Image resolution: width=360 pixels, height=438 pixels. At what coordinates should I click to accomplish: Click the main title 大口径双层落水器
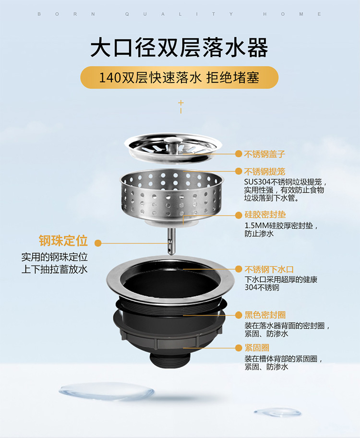point(180,48)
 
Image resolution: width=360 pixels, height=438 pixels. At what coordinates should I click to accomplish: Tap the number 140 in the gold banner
point(110,78)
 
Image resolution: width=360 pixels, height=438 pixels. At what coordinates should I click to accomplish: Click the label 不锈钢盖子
point(264,154)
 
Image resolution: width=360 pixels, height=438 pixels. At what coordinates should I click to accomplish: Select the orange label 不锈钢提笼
point(264,171)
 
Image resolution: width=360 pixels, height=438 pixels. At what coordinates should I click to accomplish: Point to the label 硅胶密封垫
point(265,215)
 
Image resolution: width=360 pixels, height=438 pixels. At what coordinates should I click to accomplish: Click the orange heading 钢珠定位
point(63,241)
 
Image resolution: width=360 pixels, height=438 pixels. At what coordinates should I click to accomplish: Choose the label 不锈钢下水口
point(269,269)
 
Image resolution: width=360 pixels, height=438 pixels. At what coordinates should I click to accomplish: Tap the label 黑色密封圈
point(265,315)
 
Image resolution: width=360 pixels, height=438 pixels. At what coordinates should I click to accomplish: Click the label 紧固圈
point(257,348)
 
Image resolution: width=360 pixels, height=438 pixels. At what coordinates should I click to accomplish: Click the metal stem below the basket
point(171,241)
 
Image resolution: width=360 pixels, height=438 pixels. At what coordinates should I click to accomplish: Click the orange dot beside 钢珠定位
point(98,243)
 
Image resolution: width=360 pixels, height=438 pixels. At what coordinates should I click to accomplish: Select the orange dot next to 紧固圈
point(239,348)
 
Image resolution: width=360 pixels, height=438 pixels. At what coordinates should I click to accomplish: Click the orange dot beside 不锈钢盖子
point(239,154)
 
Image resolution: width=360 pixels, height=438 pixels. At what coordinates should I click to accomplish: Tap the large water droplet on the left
point(107,391)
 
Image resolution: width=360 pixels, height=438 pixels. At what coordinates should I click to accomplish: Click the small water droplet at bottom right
point(277,412)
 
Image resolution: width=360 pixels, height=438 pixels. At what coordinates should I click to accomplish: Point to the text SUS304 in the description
point(257,182)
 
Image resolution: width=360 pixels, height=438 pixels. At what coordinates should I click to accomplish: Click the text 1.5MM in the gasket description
point(257,225)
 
